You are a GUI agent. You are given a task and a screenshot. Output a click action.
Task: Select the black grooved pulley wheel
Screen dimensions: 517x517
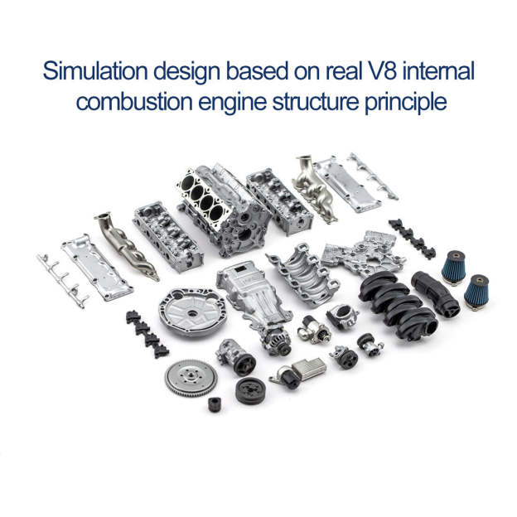250,389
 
